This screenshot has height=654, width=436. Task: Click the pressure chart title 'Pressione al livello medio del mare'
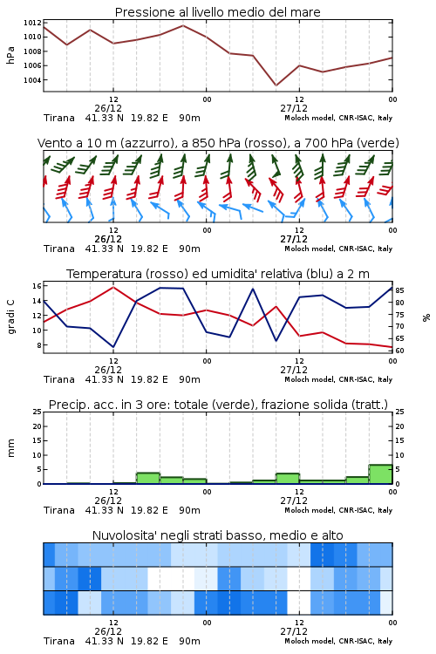click(x=217, y=12)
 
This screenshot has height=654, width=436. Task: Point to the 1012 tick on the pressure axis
click(x=32, y=23)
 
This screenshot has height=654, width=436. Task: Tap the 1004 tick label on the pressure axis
click(x=32, y=80)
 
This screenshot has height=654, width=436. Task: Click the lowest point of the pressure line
click(x=276, y=85)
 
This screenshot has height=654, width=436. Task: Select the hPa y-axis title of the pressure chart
click(x=10, y=55)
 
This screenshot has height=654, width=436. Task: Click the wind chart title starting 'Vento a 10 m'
click(x=218, y=143)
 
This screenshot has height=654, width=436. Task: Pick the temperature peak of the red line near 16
click(x=113, y=287)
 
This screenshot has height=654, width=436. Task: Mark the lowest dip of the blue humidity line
click(x=113, y=347)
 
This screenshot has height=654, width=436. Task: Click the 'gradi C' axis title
click(x=11, y=317)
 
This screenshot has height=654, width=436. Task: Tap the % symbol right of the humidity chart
click(x=426, y=317)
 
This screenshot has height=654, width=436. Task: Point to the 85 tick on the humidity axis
click(x=400, y=290)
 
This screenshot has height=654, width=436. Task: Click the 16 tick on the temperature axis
click(x=37, y=286)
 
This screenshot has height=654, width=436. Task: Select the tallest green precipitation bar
click(x=380, y=474)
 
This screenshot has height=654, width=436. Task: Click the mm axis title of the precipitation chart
click(x=10, y=448)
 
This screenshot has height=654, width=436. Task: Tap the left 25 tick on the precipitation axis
click(x=37, y=412)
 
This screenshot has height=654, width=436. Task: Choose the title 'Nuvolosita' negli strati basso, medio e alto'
click(x=217, y=535)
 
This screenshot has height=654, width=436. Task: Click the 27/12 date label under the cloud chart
click(x=294, y=631)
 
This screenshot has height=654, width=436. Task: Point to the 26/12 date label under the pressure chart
click(x=108, y=108)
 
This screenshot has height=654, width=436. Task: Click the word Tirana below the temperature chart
click(x=59, y=379)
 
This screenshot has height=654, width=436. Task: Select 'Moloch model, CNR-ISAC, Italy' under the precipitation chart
click(x=338, y=510)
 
